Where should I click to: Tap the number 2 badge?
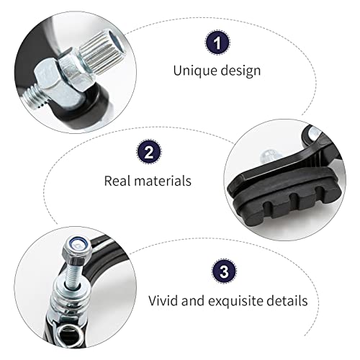[148, 153]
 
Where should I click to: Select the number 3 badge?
[222, 273]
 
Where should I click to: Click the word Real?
[120, 180]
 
